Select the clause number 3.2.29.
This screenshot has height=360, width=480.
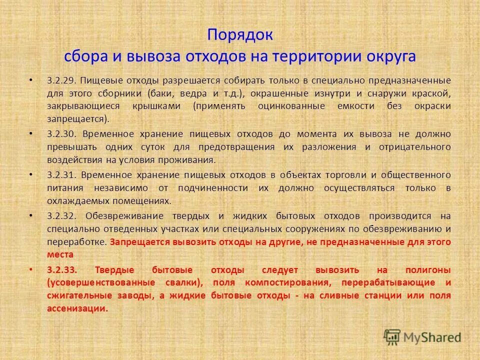coord(61,80)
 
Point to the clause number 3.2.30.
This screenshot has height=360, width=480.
coord(61,134)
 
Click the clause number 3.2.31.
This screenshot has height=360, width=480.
coord(61,175)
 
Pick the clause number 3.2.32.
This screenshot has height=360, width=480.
coord(61,216)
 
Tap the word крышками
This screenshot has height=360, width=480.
coord(162,106)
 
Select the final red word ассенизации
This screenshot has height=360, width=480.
coord(77,308)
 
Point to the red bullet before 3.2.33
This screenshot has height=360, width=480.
coord(31,269)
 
